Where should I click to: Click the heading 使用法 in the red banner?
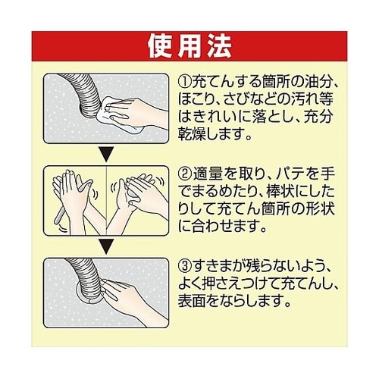coord(189,46)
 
